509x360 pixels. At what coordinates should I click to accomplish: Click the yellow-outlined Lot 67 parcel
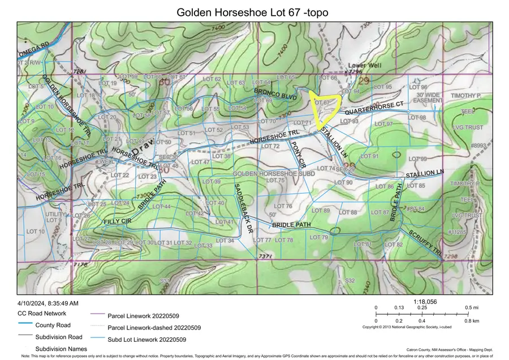(325, 108)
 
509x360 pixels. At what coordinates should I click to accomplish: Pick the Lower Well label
(364, 66)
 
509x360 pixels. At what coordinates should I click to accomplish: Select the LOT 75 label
(274, 181)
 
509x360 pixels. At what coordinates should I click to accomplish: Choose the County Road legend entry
(53, 325)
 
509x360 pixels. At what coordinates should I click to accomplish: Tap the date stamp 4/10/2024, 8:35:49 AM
(48, 303)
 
